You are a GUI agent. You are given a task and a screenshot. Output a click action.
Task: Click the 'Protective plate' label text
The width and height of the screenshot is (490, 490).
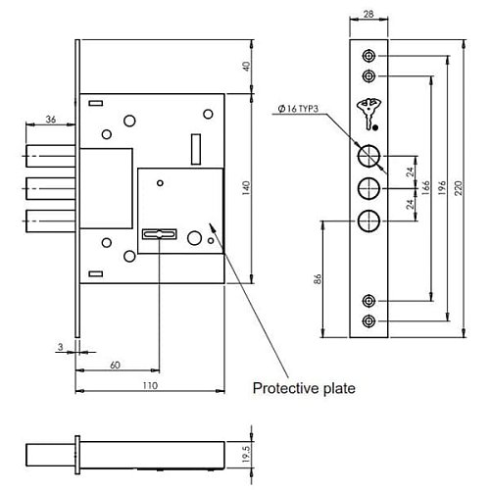click(304, 388)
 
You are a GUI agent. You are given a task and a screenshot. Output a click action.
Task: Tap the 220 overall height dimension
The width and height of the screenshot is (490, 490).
click(459, 188)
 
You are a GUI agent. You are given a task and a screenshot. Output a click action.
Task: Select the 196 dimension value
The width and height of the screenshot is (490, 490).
click(441, 188)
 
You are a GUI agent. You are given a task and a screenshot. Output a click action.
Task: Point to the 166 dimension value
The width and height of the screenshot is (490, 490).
click(425, 188)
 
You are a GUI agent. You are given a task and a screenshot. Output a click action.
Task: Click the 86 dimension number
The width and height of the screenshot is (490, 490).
click(318, 279)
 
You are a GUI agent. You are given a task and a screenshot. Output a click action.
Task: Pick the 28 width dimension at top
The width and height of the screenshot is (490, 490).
click(368, 14)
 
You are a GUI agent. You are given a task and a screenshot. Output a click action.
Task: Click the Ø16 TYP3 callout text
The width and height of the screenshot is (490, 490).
click(298, 109)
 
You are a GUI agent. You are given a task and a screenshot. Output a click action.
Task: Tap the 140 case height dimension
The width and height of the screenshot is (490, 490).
click(246, 188)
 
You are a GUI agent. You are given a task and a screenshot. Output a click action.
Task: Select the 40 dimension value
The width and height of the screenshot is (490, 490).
click(247, 67)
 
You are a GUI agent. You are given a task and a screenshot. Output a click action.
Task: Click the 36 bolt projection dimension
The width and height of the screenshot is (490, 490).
click(51, 120)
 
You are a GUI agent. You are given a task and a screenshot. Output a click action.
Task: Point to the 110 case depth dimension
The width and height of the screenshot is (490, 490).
click(150, 385)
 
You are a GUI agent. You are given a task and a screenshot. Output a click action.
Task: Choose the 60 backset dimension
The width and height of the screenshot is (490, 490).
click(115, 366)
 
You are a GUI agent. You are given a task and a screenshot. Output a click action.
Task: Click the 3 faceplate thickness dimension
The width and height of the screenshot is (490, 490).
click(60, 347)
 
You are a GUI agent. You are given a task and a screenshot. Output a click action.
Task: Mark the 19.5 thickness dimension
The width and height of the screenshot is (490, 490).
click(246, 455)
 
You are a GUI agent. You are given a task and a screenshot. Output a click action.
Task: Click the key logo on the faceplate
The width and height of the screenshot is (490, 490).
click(369, 114)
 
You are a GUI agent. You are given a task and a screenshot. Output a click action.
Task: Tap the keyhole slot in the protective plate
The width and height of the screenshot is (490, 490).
click(160, 234)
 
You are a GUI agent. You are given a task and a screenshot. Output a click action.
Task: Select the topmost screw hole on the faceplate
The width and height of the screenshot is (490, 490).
click(368, 56)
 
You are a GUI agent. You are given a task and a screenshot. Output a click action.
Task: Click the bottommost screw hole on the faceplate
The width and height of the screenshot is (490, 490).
click(368, 321)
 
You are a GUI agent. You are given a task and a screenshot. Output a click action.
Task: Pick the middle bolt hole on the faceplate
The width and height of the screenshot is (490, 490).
click(368, 189)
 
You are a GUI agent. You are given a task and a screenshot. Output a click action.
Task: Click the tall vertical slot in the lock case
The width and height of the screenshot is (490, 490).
click(196, 149)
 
